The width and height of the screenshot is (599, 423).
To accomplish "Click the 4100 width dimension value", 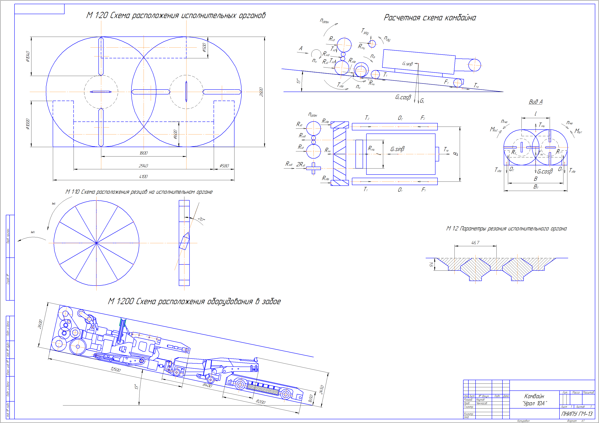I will click(x=143, y=177).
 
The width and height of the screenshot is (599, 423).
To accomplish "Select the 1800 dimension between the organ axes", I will click(x=143, y=153).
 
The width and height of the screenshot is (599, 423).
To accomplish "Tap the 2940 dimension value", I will click(x=143, y=166).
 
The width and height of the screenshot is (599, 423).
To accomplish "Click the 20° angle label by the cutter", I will click(x=201, y=219).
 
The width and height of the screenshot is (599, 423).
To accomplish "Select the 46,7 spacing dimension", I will click(x=475, y=243).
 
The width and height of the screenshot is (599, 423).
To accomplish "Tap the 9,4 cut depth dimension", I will click(x=432, y=264).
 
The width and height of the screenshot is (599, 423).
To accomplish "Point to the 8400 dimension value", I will click(x=207, y=385).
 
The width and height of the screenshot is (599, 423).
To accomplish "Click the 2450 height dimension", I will click(x=322, y=390).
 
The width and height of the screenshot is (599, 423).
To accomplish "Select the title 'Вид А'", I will click(x=535, y=102).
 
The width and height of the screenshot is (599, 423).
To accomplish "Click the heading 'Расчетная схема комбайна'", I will click(x=430, y=18).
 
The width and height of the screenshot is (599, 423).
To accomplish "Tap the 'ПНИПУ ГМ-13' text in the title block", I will click(x=577, y=414).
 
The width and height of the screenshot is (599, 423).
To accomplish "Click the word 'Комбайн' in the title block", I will click(x=534, y=396).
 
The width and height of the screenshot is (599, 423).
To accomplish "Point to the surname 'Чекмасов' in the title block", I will click(x=481, y=403).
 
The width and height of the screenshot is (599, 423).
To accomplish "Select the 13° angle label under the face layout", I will click(x=136, y=387).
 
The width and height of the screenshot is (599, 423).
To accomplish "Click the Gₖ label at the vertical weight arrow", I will click(x=422, y=101).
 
